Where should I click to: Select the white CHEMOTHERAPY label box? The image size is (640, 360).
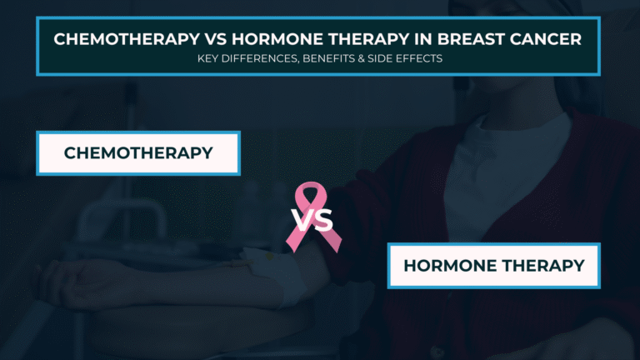137,153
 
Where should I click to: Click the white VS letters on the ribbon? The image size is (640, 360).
312,221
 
